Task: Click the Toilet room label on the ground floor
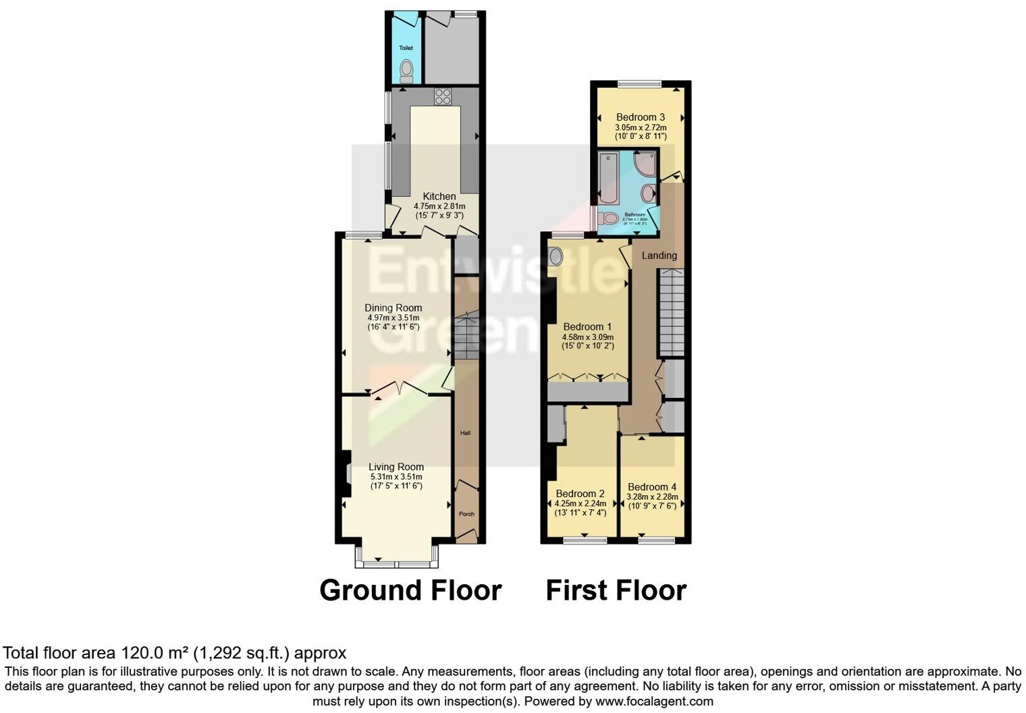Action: [406, 48]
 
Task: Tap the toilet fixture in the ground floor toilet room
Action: [406, 70]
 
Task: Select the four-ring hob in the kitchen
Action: [443, 96]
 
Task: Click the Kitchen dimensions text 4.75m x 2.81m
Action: [439, 206]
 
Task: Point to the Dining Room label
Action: [394, 308]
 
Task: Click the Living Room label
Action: [396, 467]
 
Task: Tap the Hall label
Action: [465, 433]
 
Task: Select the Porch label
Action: [466, 514]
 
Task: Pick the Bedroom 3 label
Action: [641, 117]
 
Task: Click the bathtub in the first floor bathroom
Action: [608, 178]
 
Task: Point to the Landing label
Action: [659, 256]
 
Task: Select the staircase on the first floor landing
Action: [672, 312]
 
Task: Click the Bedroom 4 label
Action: [652, 487]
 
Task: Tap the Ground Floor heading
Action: [410, 590]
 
